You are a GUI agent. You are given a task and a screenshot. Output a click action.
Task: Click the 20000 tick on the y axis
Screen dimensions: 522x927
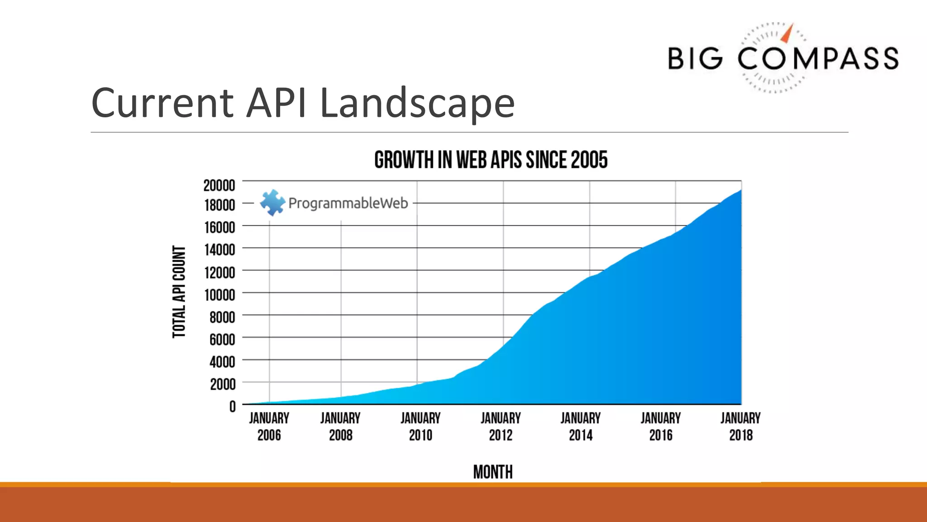219,185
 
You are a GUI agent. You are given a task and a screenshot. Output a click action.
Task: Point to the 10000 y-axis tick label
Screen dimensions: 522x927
220,295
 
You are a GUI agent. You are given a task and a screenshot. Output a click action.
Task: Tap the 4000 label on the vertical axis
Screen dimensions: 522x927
222,362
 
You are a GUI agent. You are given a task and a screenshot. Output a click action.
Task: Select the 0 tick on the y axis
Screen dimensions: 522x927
232,406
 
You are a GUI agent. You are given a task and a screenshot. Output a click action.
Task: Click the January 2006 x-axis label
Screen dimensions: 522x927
269,426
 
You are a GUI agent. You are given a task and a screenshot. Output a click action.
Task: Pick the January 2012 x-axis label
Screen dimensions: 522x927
501,426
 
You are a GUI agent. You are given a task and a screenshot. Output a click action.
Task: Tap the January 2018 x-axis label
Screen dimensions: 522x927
741,426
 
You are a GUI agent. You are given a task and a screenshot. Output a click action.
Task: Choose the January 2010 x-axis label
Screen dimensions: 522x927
420,426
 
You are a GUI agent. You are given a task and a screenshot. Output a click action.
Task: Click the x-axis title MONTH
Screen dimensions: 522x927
493,472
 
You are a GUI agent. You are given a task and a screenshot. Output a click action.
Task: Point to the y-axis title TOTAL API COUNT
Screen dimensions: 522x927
179,292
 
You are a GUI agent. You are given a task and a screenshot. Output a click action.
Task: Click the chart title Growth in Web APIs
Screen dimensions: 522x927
491,160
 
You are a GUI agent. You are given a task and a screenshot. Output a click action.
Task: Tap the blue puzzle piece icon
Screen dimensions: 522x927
272,202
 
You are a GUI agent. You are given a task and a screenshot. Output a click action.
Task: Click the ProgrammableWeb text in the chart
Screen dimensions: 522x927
348,203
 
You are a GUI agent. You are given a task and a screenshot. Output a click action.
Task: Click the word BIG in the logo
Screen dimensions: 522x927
695,59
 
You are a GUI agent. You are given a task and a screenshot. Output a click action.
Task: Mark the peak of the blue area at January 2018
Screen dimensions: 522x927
740,191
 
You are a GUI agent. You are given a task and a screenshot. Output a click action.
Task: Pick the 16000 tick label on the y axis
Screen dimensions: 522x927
220,227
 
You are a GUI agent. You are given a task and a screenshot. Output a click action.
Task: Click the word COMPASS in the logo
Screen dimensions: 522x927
818,59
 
